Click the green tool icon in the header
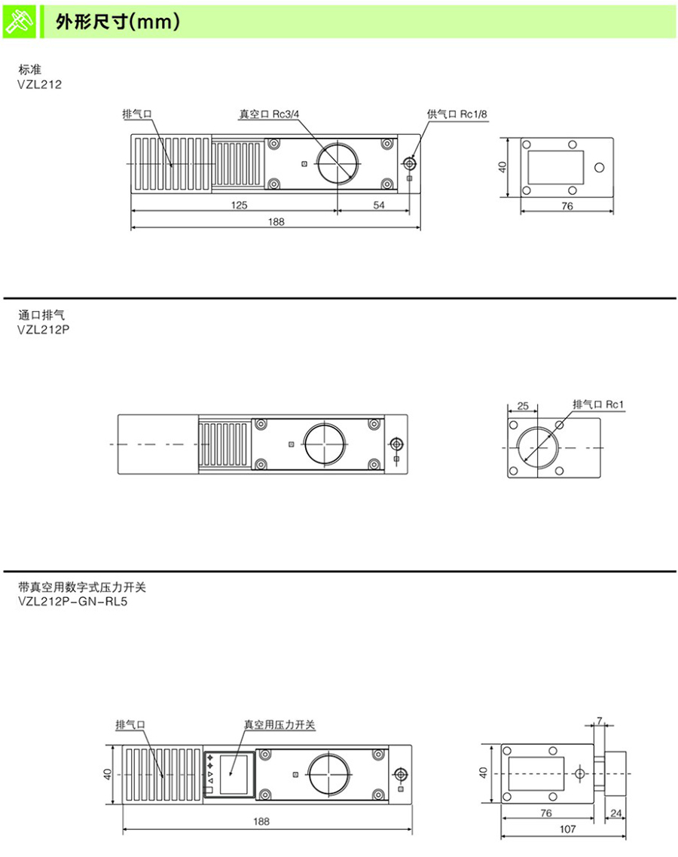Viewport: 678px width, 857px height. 20,21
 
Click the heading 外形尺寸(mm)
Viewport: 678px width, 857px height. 118,23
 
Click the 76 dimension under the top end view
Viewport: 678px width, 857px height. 567,206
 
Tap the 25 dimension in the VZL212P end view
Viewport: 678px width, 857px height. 523,406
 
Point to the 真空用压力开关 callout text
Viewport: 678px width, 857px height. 279,725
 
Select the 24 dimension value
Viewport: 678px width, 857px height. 615,813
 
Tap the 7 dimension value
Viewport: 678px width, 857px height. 600,721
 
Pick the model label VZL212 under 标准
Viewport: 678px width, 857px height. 39,84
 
